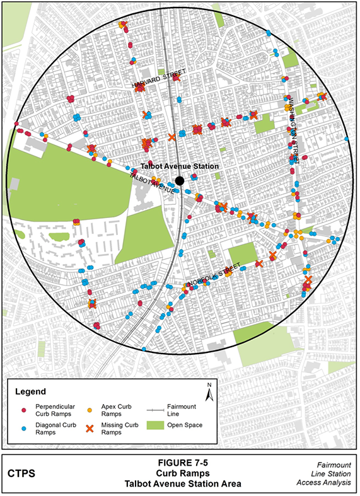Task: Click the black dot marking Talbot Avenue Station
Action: (180, 181)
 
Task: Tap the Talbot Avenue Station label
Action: (179, 167)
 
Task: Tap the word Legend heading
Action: (31, 391)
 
